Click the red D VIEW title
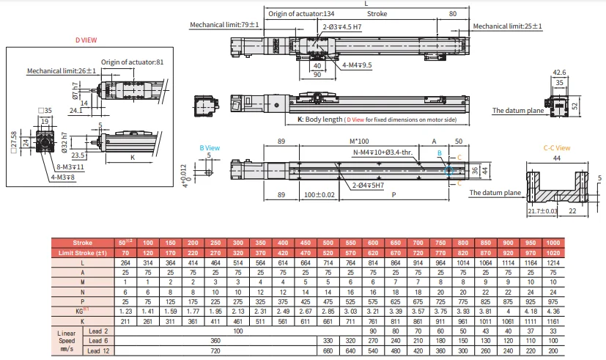click(86, 40)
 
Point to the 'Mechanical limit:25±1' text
click(507, 26)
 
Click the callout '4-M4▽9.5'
click(357, 65)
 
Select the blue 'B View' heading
click(210, 147)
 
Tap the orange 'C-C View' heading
click(556, 147)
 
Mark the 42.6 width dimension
click(559, 72)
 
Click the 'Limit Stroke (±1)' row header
click(82, 253)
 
